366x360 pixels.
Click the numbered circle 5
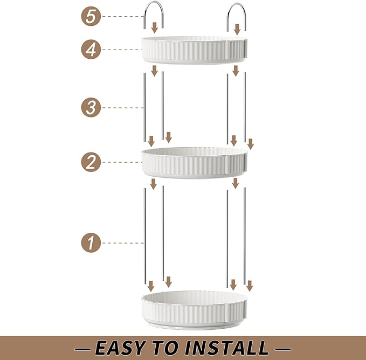click(x=92, y=17)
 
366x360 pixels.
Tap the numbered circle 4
click(x=92, y=50)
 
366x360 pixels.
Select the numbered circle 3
click(x=92, y=108)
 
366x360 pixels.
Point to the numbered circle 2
click(x=92, y=162)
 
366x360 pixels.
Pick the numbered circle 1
click(x=92, y=243)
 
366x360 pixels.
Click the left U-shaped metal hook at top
click(x=154, y=13)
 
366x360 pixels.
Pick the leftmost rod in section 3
click(x=144, y=108)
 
